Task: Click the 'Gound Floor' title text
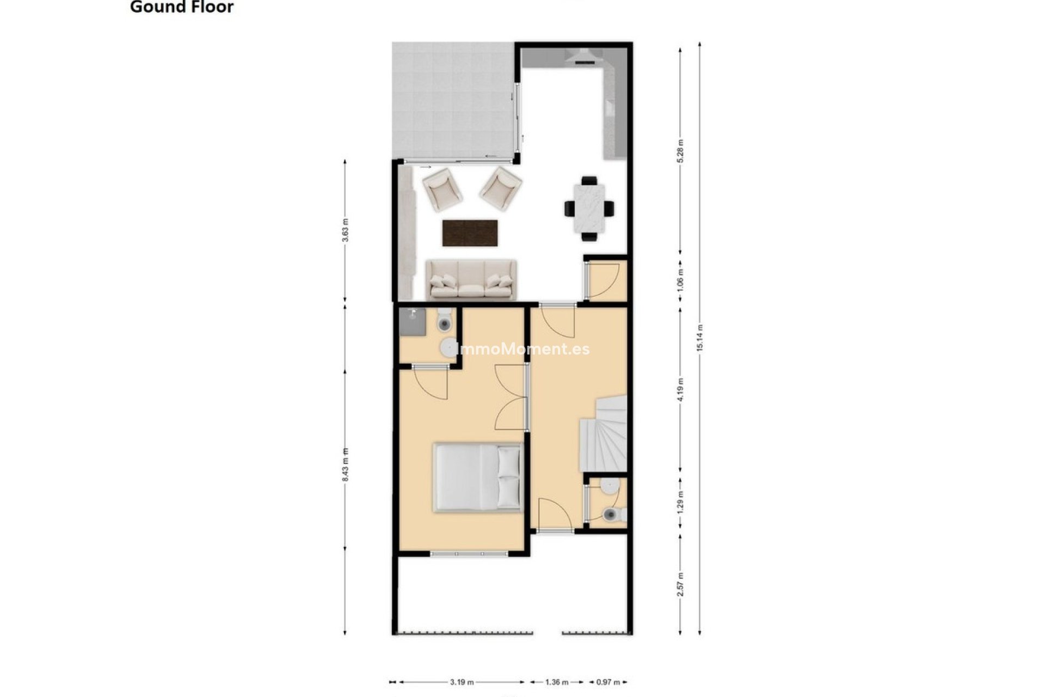click(182, 7)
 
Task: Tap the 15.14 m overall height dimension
click(700, 338)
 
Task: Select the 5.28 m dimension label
click(680, 151)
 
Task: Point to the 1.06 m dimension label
click(680, 279)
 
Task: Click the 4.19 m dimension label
click(680, 389)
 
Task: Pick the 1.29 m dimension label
click(680, 502)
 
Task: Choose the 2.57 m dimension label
click(680, 584)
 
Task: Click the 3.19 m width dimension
click(462, 682)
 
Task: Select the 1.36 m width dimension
click(557, 682)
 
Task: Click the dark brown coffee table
click(470, 233)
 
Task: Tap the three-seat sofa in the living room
click(471, 279)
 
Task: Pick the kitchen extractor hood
click(581, 56)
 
